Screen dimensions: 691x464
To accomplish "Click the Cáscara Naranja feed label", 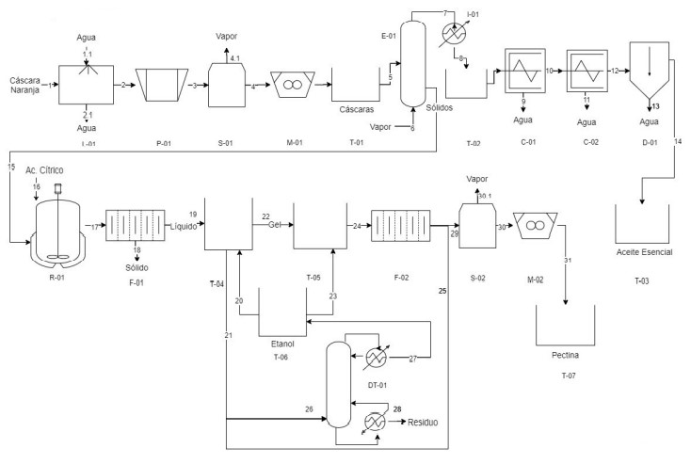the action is (x=25, y=85).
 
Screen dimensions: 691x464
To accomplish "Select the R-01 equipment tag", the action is (x=56, y=278).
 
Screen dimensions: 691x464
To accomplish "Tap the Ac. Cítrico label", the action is (x=44, y=170).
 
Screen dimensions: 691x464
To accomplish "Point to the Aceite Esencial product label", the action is (x=644, y=252).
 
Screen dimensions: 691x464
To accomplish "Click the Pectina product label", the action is (x=566, y=355).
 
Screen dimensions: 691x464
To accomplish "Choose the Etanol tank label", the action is (x=282, y=344).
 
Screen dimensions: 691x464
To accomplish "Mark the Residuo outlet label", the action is (x=423, y=423).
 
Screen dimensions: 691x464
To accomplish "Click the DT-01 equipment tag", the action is (x=378, y=385).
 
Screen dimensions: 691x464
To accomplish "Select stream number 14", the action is (x=678, y=141).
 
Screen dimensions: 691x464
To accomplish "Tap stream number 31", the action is (x=568, y=261).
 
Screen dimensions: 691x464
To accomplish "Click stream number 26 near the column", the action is (x=309, y=409).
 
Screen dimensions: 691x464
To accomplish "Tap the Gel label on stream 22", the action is (x=275, y=225).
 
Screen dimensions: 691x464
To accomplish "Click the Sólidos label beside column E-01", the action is (x=439, y=107).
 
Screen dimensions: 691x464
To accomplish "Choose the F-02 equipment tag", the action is (x=401, y=278).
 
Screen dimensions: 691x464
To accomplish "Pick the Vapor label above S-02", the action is (x=477, y=179).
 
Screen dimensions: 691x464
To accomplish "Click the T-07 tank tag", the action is (x=569, y=376).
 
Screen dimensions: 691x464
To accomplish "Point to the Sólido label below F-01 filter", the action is (x=137, y=268).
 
